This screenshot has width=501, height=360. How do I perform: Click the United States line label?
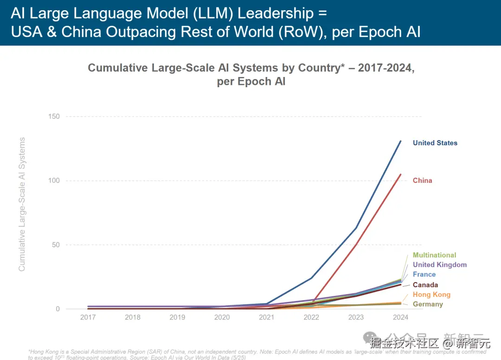pos(435,143)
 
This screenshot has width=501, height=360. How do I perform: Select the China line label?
pos(422,180)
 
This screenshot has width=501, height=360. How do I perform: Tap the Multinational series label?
pos(434,255)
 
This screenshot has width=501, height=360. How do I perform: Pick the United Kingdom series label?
pos(439,265)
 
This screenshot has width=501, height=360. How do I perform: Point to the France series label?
pos(424,275)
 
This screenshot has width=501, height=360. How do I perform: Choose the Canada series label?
pos(425,285)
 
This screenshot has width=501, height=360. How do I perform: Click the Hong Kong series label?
pos(431,295)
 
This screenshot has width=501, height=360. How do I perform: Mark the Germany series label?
pos(428,304)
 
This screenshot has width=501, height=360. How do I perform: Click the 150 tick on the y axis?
pos(54,116)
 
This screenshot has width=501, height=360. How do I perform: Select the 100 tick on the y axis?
pos(54,180)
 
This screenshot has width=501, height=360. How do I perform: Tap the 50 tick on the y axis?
pos(56,245)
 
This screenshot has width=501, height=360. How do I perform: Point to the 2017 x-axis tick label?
pos(88,318)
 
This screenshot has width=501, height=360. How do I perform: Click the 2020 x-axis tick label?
pos(222,318)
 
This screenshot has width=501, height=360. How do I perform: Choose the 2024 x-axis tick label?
pos(400,318)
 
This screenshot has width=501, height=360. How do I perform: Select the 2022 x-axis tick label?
pos(311,318)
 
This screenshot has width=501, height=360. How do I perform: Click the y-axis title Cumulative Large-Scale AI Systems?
pos(22,204)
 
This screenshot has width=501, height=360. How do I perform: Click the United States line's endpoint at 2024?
pos(401,141)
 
